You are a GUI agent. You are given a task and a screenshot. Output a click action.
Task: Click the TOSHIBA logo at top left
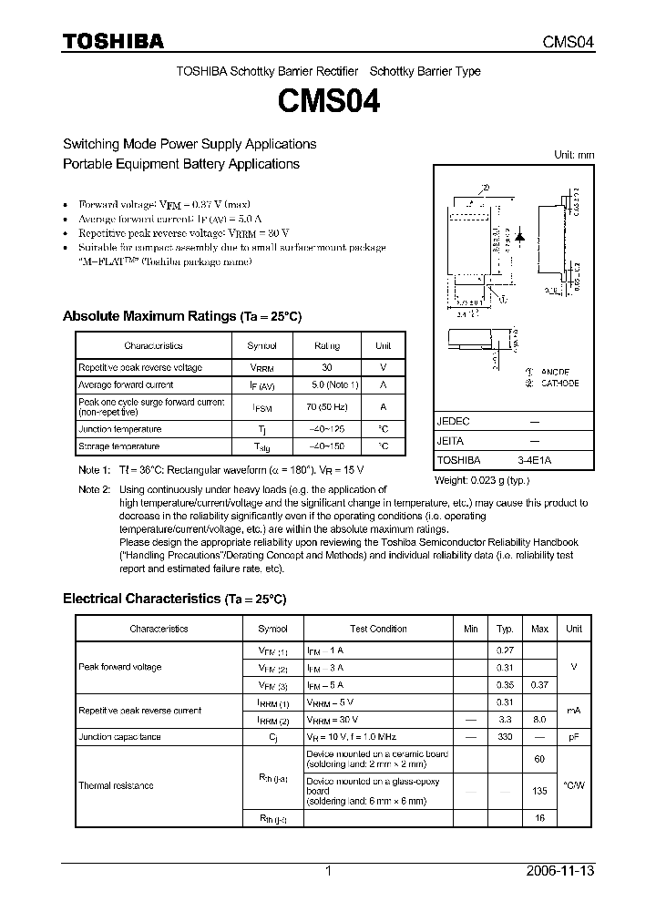[113, 41]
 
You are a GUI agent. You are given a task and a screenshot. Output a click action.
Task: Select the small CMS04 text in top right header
[569, 42]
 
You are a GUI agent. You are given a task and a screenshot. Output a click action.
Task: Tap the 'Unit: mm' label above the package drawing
[574, 155]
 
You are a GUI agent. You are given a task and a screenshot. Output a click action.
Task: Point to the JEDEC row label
[454, 422]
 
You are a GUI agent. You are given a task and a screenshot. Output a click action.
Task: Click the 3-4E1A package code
[534, 460]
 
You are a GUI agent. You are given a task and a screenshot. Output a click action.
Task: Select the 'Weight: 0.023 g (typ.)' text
[481, 479]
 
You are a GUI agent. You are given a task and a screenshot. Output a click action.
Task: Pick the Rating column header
[327, 346]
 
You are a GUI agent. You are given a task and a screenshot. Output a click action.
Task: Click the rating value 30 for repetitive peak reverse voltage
[327, 367]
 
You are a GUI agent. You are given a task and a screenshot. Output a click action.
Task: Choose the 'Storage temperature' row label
[119, 446]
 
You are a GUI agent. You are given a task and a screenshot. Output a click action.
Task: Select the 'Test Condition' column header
[378, 629]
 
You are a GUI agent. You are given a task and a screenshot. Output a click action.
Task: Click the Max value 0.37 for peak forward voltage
[539, 684]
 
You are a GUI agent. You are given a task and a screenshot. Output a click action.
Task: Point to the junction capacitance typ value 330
[504, 736]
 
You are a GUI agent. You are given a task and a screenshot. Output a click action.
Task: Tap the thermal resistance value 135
[539, 791]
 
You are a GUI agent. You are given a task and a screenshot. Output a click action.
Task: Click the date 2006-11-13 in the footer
[561, 871]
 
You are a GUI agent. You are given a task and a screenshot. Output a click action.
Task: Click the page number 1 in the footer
[328, 871]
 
